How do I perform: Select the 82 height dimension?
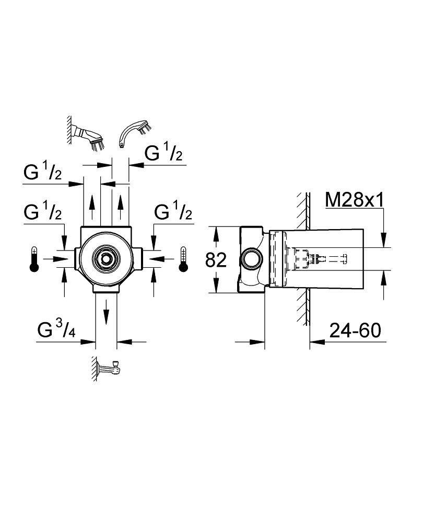[216, 259]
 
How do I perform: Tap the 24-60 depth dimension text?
[355, 330]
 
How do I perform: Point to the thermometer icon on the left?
[34, 259]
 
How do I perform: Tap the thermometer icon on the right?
[183, 259]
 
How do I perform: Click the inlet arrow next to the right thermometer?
[163, 258]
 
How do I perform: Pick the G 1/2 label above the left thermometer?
[43, 212]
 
